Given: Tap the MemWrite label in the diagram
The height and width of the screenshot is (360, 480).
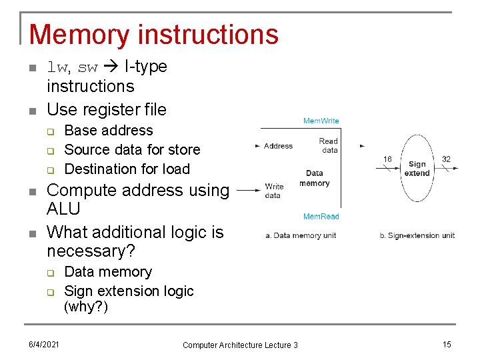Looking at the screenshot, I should (321, 121).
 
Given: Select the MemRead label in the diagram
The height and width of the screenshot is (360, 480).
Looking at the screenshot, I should (321, 217).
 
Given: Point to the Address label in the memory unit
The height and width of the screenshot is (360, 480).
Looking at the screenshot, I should (278, 146).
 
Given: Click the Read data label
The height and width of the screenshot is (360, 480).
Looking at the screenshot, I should (329, 145).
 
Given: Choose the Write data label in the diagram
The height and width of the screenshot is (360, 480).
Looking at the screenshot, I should (274, 191).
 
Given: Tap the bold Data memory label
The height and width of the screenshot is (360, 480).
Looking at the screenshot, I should (314, 178).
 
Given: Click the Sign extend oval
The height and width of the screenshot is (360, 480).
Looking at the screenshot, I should (417, 169).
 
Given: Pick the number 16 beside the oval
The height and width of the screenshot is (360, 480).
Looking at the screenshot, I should (387, 159).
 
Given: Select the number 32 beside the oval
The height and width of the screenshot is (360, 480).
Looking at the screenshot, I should (446, 159).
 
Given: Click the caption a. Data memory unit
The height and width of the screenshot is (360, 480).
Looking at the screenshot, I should (301, 235).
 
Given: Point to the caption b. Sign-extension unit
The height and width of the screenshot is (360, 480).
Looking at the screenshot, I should (417, 235).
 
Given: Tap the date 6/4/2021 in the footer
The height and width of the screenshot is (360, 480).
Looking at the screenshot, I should (44, 344).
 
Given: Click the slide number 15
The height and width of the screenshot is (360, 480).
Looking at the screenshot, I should (447, 344).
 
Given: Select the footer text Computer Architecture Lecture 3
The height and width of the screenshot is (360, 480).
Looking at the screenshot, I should (240, 345).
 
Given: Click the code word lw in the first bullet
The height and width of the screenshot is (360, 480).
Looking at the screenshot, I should (57, 67).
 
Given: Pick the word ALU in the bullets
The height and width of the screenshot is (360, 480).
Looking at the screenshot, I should (63, 209).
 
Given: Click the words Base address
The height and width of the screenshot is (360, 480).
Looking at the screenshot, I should (109, 131).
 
